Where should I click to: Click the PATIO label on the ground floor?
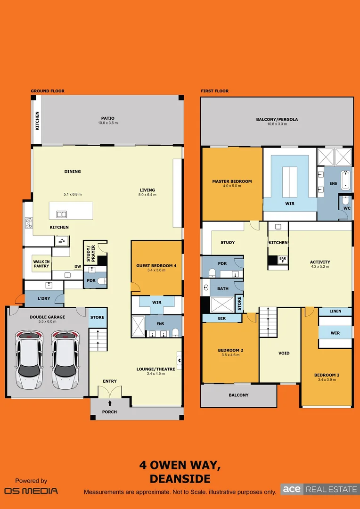pyautogui.click(x=107, y=118)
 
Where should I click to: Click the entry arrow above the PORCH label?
pyautogui.click(x=110, y=403)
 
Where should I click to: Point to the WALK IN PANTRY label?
pyautogui.click(x=41, y=263)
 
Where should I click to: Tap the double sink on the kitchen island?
pyautogui.click(x=62, y=214)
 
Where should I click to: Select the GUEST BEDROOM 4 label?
pyautogui.click(x=156, y=265)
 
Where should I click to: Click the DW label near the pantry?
pyautogui.click(x=78, y=267)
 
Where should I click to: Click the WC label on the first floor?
pyautogui.click(x=347, y=208)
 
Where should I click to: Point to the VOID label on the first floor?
pyautogui.click(x=284, y=353)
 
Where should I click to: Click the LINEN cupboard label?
pyautogui.click(x=335, y=311)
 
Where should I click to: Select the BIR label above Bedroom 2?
pyautogui.click(x=222, y=319)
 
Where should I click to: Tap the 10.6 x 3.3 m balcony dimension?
pyautogui.click(x=277, y=124)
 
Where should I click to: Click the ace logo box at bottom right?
pyautogui.click(x=292, y=489)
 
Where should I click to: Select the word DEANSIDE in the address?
pyautogui.click(x=180, y=479)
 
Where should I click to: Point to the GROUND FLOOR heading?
pyautogui.click(x=48, y=91)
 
